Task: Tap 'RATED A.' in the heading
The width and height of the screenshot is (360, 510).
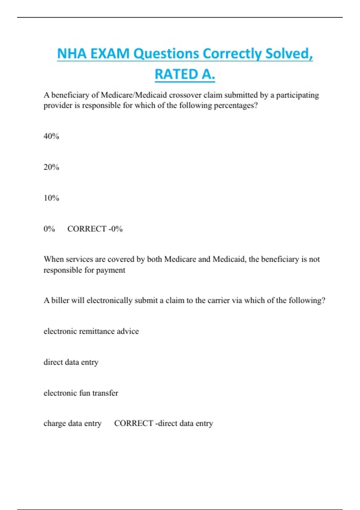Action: tap(185, 74)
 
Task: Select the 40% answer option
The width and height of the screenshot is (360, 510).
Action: tap(51, 136)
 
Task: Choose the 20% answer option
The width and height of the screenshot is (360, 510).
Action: tap(51, 167)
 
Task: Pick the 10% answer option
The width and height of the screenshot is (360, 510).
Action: tap(51, 198)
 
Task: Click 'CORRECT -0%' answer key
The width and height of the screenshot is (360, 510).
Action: tap(95, 229)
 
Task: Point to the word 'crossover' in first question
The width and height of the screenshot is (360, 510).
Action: tap(185, 95)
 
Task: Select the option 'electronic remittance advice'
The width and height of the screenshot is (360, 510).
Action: tap(91, 331)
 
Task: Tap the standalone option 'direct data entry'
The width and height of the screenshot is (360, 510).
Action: tap(71, 362)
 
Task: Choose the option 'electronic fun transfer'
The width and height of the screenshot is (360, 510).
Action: tap(81, 393)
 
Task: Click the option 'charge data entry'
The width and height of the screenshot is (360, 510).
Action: tap(72, 423)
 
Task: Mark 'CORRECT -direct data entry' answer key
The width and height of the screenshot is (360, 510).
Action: tap(163, 423)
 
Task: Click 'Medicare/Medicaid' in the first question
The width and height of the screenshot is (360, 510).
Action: tap(133, 95)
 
